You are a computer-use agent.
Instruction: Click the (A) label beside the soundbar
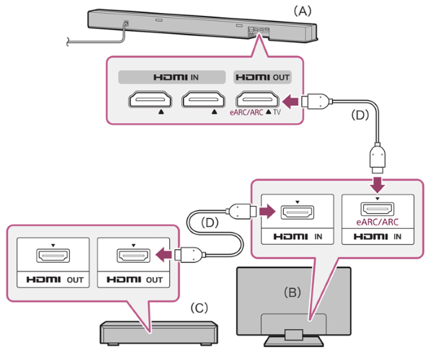pos(303,12)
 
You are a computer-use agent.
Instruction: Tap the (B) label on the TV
pos(293,292)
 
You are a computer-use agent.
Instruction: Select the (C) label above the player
pos(199,307)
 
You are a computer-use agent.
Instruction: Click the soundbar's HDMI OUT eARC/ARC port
pos(257,99)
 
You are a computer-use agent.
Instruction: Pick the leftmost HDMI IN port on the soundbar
pos(150,99)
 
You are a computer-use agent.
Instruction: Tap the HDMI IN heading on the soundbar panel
pos(176,77)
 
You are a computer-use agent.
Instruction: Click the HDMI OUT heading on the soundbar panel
pos(262,77)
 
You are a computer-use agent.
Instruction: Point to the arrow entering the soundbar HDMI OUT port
pos(290,102)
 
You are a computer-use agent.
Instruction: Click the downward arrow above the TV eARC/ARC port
pos(378,184)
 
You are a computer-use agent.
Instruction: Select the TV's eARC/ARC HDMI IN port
pos(378,210)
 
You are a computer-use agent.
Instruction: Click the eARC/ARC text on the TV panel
pos(378,222)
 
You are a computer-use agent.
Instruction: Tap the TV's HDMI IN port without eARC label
pos(297,212)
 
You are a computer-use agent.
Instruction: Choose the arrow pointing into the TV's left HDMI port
pos(267,212)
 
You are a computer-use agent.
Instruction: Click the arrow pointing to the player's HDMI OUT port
pos(164,254)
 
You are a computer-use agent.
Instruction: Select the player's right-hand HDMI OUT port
pos(134,256)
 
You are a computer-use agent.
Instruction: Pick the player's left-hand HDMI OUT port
pos(53,256)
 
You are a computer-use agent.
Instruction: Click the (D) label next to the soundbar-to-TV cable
pos(360,115)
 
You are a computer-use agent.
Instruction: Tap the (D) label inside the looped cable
pos(210,222)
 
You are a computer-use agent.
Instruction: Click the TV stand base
pos(293,341)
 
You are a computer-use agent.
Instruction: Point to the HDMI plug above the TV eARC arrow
pos(378,158)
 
